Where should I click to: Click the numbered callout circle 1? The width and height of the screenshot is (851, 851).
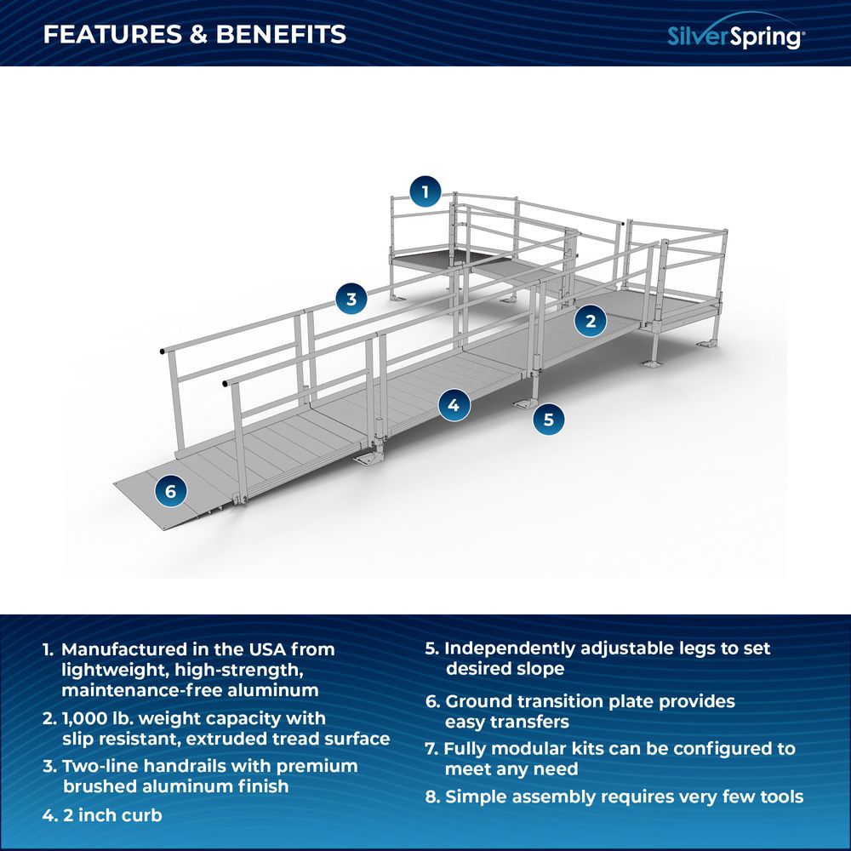pos(425,191)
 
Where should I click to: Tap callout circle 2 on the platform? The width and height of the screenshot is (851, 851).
pos(590,320)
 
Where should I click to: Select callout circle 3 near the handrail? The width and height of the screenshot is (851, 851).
pos(351,299)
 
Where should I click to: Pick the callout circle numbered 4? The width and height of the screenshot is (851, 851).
pos(454,405)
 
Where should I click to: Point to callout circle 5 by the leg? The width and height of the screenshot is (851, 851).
pos(549,419)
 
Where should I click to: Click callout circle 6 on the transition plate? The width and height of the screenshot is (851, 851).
pos(171,491)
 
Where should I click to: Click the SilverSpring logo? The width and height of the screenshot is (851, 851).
pos(734,36)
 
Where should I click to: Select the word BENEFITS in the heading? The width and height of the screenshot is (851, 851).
pos(281,34)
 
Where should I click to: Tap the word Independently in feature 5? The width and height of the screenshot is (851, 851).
pos(510,648)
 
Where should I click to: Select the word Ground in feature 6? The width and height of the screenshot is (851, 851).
pos(477,701)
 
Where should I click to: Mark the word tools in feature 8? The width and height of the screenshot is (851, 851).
pos(780,797)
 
